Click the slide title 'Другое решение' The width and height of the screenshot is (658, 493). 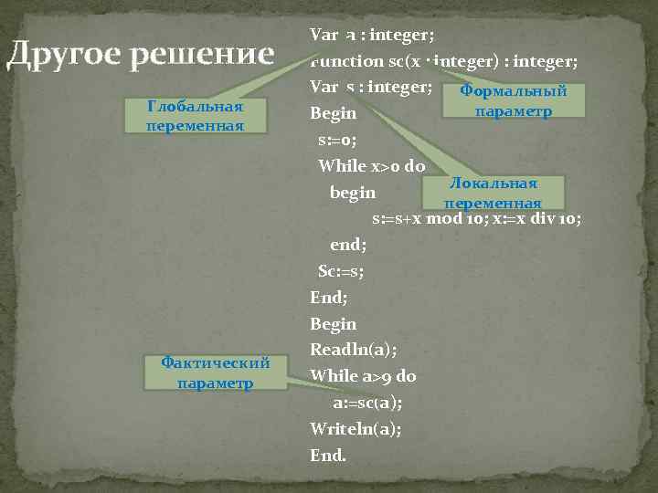pos(140,56)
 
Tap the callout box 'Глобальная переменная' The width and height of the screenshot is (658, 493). pos(195,116)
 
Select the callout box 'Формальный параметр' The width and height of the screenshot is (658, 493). pos(513,100)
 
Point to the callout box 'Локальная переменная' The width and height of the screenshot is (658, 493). pos(493,193)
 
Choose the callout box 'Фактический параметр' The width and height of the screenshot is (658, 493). pos(215,372)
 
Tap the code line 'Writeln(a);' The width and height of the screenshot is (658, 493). pos(356,428)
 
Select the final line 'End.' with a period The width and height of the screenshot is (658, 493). pos(328,454)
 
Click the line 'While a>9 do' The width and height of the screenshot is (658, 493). pos(363,375)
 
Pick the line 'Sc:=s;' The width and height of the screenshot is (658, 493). pos(340,271)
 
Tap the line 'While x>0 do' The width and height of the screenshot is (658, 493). pos(371,166)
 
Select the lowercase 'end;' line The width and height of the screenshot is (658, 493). pos(347,245)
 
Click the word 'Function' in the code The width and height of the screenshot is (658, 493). pos(347,61)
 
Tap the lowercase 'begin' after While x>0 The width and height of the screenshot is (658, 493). pos(353,193)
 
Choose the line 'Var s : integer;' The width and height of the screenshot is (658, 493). pos(370,88)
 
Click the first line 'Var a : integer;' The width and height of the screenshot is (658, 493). pos(372,36)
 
